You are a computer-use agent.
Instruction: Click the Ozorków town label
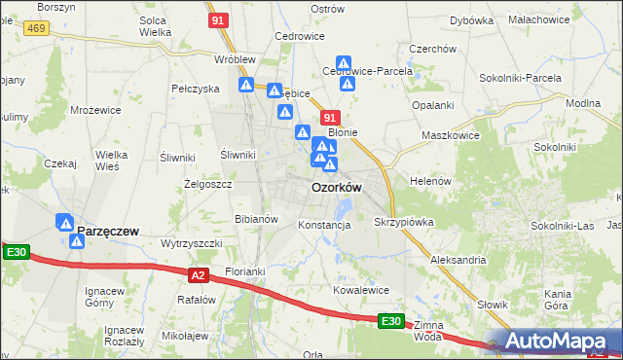point(337,188)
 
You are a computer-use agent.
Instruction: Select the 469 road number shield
point(37,29)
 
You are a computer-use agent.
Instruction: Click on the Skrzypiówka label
point(404,222)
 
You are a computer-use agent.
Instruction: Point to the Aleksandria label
point(458,261)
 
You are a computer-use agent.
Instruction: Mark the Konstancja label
point(324,225)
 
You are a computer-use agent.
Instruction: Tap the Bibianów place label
point(257,219)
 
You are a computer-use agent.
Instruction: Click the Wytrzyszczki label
point(192,242)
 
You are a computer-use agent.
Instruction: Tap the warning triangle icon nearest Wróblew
point(247,86)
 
